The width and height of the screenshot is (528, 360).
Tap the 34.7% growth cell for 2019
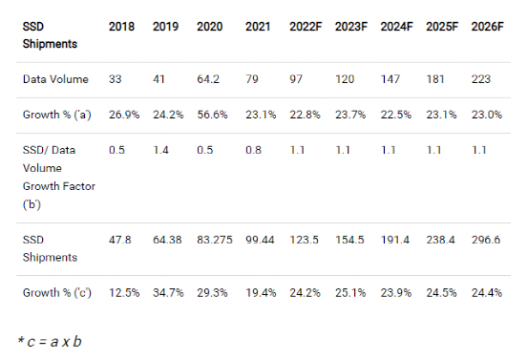(168, 292)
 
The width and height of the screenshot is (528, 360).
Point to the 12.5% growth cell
(123, 292)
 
